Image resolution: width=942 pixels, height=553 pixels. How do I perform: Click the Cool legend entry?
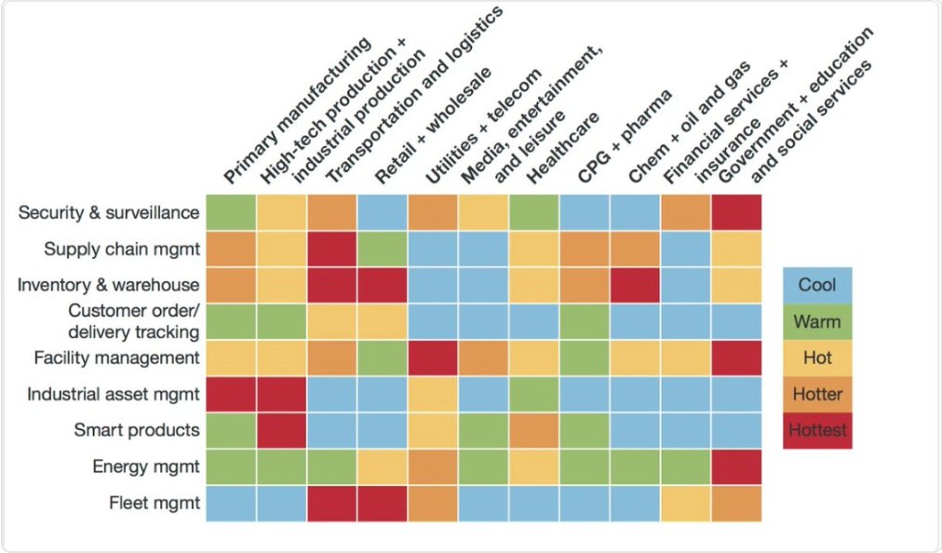(817, 285)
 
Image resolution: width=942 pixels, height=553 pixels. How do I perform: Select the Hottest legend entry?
(817, 430)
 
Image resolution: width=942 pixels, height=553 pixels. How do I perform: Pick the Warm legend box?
(817, 321)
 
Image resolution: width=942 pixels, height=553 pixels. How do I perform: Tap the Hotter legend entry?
(817, 394)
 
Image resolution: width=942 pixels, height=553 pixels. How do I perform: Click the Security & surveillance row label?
(109, 212)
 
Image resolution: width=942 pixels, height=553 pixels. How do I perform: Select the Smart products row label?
(137, 430)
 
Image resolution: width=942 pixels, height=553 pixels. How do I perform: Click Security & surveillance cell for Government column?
(737, 212)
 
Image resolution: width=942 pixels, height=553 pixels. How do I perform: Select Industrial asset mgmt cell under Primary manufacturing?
(231, 394)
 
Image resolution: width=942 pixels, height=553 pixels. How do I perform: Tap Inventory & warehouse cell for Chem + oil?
(636, 285)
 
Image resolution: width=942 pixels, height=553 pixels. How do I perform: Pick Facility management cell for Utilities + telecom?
(433, 357)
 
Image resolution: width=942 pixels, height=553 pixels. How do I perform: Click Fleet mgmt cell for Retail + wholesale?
(383, 503)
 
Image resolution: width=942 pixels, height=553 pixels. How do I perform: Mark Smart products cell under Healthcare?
(534, 430)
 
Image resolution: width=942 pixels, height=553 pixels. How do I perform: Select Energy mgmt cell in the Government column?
(737, 466)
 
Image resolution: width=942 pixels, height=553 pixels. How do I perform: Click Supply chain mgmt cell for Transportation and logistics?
(332, 249)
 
